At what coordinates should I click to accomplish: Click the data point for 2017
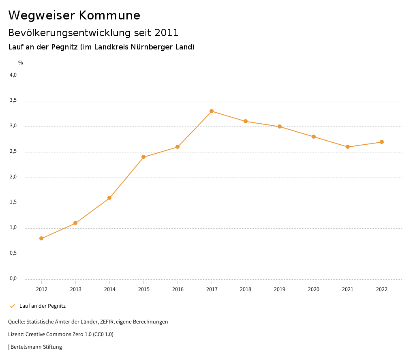(212, 111)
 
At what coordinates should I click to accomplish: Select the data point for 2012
(41, 238)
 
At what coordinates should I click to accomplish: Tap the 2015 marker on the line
(143, 157)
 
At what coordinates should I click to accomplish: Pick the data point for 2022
(382, 142)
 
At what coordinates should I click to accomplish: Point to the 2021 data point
(348, 147)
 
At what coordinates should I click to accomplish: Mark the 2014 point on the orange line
(109, 198)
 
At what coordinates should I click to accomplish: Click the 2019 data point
(280, 126)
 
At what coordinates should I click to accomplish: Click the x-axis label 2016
(178, 289)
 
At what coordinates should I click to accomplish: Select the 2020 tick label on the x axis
(314, 289)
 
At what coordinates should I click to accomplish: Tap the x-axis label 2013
(75, 289)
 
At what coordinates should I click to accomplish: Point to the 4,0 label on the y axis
(13, 75)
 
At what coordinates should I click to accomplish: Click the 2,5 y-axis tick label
(13, 152)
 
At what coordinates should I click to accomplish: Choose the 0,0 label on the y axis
(13, 279)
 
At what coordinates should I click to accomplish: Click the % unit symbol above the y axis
(20, 63)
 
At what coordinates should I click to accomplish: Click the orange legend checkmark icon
(12, 306)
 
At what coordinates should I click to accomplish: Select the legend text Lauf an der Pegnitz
(43, 306)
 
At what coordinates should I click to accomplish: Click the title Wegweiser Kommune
(74, 15)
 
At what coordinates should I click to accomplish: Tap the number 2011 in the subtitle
(167, 33)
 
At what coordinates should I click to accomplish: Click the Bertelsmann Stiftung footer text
(36, 347)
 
